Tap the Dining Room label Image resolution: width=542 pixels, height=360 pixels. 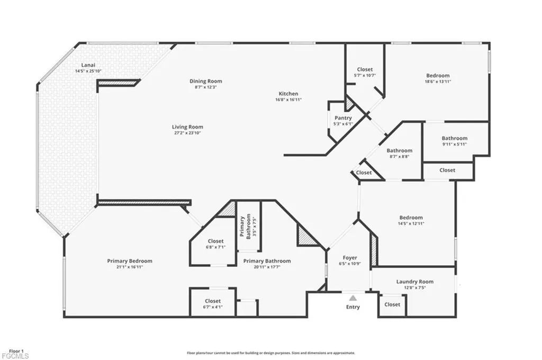206,81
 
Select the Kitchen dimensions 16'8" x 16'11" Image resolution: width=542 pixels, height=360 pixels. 288,100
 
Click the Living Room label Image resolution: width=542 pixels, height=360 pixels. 187,127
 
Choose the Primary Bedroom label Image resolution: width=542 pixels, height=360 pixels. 130,260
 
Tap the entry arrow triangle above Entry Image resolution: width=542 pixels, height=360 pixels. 353,299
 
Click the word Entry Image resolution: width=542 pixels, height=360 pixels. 353,307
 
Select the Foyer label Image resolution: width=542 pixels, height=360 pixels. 350,258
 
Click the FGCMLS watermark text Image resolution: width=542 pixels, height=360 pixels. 15,356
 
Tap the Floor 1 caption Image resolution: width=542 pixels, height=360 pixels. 16,350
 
